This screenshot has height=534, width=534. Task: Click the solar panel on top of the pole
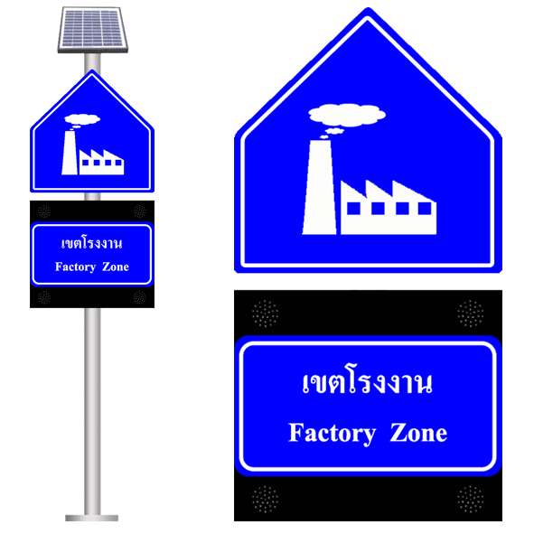coord(93,30)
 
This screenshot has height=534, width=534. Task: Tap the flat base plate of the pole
coord(92,518)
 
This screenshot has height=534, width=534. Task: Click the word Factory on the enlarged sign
coord(332,434)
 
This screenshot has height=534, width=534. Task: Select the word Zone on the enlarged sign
coord(418,433)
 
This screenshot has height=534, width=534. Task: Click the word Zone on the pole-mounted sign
coord(116,267)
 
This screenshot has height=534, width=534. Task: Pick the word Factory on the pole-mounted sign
coord(75,267)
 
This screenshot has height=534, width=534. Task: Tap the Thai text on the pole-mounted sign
coord(92,243)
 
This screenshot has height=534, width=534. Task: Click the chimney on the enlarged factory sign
coord(320,187)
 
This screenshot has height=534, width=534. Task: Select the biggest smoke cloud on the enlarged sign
coord(347,115)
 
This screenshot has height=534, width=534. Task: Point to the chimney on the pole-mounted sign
coord(70,153)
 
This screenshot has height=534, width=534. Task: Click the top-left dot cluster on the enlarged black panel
coord(265,314)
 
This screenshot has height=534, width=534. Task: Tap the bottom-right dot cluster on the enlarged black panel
coord(471,499)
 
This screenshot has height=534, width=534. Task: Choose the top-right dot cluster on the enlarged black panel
coord(471,314)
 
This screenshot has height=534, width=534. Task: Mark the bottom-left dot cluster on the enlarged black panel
coord(265,499)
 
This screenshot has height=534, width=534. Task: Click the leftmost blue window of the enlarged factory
coord(353,209)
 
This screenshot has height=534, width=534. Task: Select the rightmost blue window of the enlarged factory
coord(425,209)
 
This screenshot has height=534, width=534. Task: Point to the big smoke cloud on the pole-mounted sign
coord(82,119)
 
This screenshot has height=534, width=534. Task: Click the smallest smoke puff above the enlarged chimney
coord(323,137)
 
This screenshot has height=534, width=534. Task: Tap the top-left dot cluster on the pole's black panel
coord(44,211)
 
